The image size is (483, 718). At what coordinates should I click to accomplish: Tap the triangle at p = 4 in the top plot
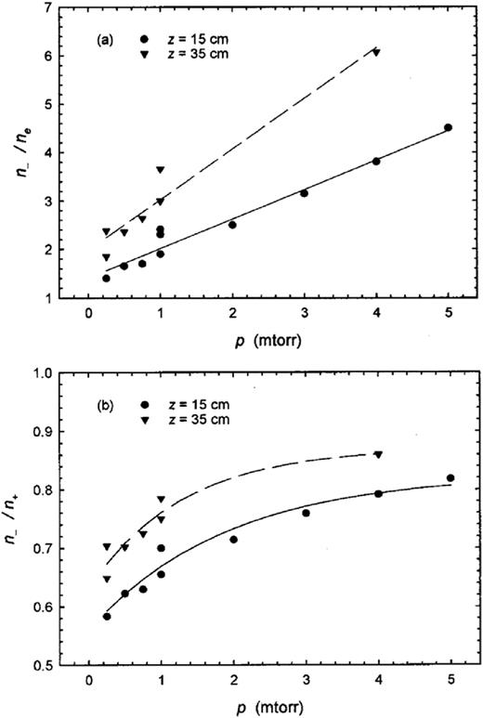coord(376,53)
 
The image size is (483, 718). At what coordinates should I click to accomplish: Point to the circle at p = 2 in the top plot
coord(232,225)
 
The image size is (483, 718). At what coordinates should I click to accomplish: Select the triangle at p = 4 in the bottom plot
coord(377,454)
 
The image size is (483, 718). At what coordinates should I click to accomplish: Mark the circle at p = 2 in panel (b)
coord(233,540)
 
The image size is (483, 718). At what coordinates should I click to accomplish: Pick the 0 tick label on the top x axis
coord(88,316)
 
